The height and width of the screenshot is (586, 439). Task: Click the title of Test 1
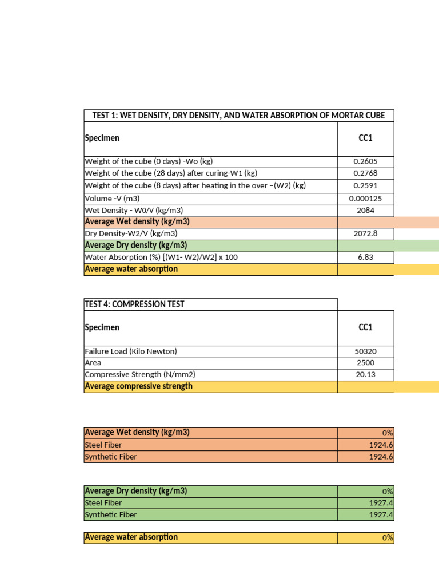(238, 116)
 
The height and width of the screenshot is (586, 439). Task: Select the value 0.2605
(365, 161)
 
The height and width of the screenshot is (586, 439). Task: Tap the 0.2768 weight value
(365, 173)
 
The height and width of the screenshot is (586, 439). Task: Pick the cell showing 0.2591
(365, 186)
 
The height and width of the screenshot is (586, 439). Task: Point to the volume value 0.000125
(365, 199)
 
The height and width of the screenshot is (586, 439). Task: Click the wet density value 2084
(365, 210)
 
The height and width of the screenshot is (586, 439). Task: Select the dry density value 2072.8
(365, 233)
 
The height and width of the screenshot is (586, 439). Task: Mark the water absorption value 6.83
(365, 258)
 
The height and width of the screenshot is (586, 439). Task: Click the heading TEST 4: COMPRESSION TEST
(134, 304)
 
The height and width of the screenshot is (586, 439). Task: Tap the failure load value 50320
(365, 351)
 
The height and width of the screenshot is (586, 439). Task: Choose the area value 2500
(365, 363)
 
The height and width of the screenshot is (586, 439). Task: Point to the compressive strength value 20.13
(365, 375)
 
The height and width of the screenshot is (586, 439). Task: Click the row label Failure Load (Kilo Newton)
(131, 351)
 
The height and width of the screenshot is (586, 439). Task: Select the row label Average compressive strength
(138, 386)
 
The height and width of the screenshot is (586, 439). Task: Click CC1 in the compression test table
(365, 327)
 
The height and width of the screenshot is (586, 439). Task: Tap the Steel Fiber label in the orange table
(103, 445)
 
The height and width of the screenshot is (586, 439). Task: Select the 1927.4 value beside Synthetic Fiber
(381, 515)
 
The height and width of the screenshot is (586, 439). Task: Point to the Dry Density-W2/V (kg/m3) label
(131, 233)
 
